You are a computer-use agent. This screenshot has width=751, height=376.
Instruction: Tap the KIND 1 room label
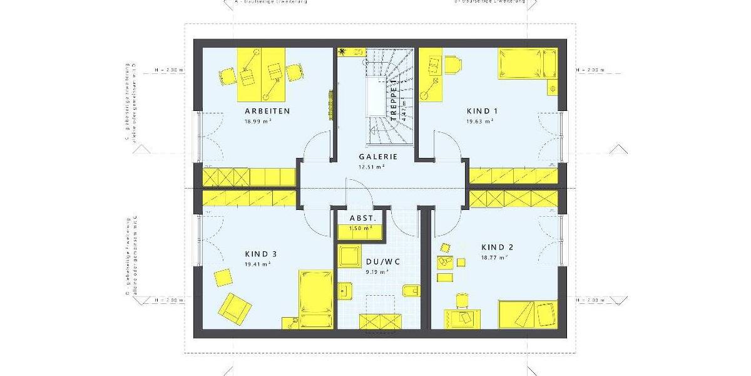point(482,111)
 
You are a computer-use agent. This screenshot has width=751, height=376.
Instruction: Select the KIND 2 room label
point(497,247)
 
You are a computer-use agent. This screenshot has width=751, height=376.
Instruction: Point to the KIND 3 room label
point(261,254)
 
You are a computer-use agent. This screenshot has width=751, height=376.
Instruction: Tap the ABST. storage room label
point(362,217)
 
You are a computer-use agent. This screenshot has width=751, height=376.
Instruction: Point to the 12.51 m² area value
point(372,167)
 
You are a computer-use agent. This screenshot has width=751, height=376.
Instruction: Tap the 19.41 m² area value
point(257,264)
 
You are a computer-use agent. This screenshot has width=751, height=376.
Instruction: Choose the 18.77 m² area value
point(494,258)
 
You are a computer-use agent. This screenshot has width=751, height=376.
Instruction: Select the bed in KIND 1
point(526,63)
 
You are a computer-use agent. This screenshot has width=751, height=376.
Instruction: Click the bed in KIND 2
point(528,313)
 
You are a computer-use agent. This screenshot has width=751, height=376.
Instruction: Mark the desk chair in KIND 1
point(452,63)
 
